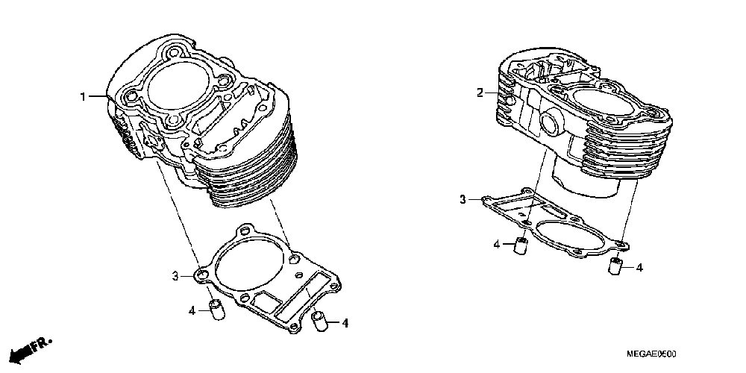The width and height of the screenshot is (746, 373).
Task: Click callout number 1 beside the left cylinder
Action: tap(84, 96)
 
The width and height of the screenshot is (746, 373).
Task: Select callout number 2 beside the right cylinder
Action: tap(481, 93)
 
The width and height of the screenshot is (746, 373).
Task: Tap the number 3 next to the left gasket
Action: tap(176, 277)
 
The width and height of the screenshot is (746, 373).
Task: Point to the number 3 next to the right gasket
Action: tap(463, 199)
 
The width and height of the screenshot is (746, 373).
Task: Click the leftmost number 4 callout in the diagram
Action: tap(191, 310)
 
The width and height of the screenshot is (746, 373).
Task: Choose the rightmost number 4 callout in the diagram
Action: tap(640, 266)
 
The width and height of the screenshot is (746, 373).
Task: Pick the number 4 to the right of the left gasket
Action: tap(345, 323)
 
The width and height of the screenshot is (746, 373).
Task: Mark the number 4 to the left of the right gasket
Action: tap(496, 244)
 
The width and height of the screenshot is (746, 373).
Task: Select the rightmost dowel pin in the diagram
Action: tap(616, 266)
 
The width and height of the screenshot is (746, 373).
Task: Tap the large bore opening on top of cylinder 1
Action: tap(179, 86)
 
